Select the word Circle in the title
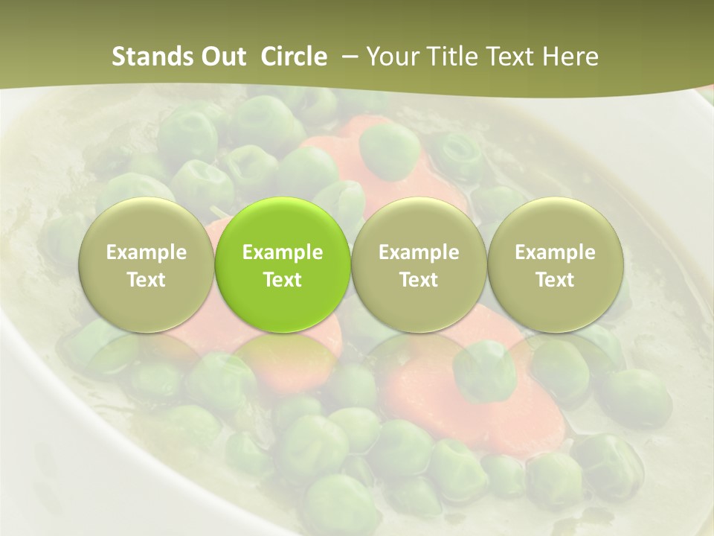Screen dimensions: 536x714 [x=294, y=57]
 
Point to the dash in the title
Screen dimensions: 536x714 [x=347, y=57]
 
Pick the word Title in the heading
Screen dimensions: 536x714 [x=447, y=57]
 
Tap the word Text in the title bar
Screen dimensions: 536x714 [x=506, y=57]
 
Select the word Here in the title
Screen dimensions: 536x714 [x=570, y=57]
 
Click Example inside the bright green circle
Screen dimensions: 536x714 [x=283, y=252]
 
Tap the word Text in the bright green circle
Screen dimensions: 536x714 [x=283, y=280]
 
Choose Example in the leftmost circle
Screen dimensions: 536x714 [x=147, y=252]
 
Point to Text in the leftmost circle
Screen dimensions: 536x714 [x=147, y=280]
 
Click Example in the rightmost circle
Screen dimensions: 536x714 [x=556, y=252]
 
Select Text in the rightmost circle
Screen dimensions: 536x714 [x=556, y=280]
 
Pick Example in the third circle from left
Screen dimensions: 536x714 [x=419, y=252]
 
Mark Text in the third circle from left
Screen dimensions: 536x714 [x=419, y=280]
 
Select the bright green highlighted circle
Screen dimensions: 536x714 [x=283, y=223]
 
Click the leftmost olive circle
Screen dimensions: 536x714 [x=147, y=223]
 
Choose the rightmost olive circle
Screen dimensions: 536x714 [x=556, y=223]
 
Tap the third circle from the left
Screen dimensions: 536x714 [x=419, y=223]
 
